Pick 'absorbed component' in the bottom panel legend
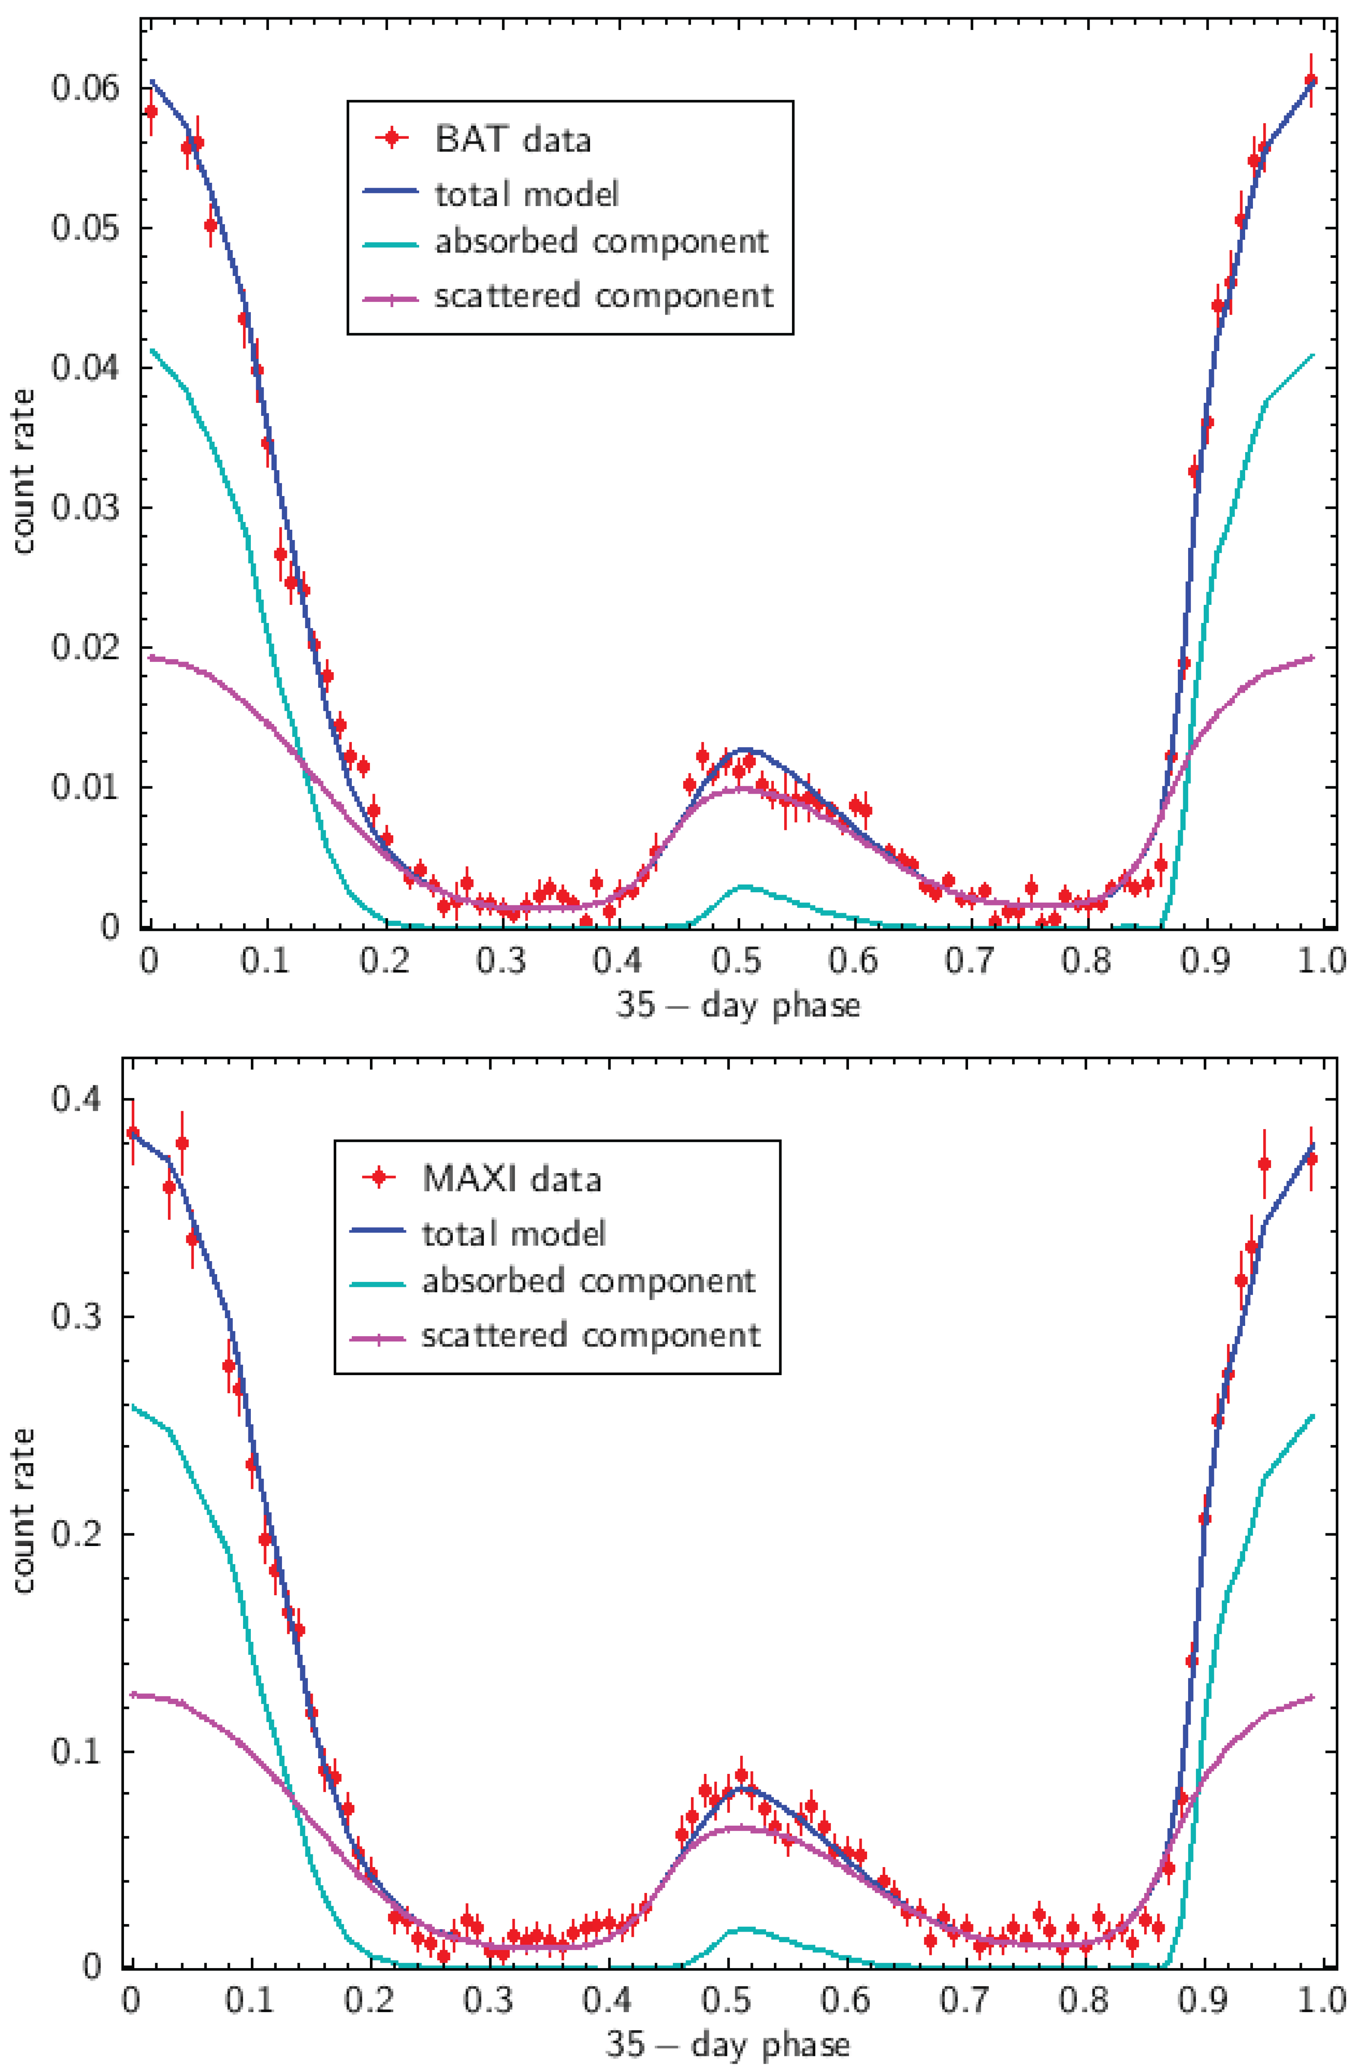[x=588, y=1281]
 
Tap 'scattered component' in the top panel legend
[x=603, y=296]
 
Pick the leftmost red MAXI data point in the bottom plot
[x=132, y=1132]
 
